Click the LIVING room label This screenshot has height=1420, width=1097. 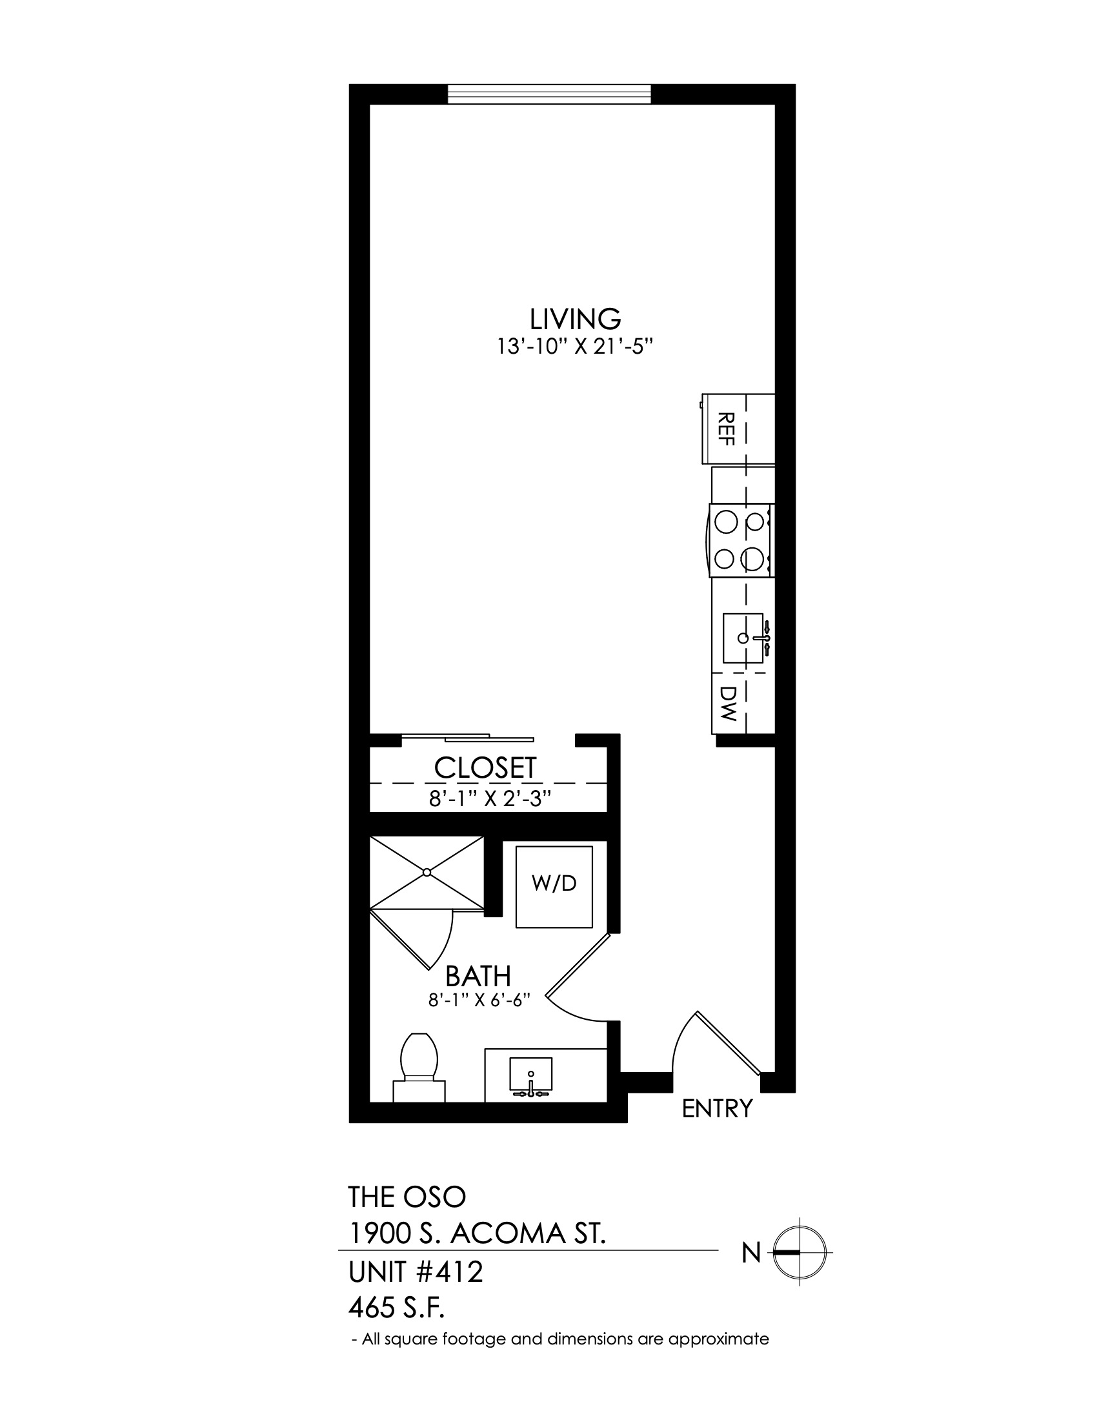pos(575,319)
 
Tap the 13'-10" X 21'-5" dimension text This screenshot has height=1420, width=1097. pos(574,347)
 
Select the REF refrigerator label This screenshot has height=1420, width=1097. pos(727,429)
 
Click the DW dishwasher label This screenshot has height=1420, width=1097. pos(728,705)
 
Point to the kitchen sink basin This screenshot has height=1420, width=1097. pos(743,638)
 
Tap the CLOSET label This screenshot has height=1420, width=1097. pos(485,768)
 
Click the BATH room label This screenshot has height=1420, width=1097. pos(478,976)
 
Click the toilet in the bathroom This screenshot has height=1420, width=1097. pos(419,1067)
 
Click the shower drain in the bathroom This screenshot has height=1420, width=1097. pos(427,872)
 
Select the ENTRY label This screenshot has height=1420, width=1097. pos(717,1108)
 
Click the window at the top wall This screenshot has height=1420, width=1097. pos(548,94)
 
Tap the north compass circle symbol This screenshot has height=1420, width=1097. pos(800,1252)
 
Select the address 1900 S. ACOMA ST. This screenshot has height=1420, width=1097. pos(478,1234)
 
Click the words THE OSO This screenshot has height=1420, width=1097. pos(407,1196)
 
